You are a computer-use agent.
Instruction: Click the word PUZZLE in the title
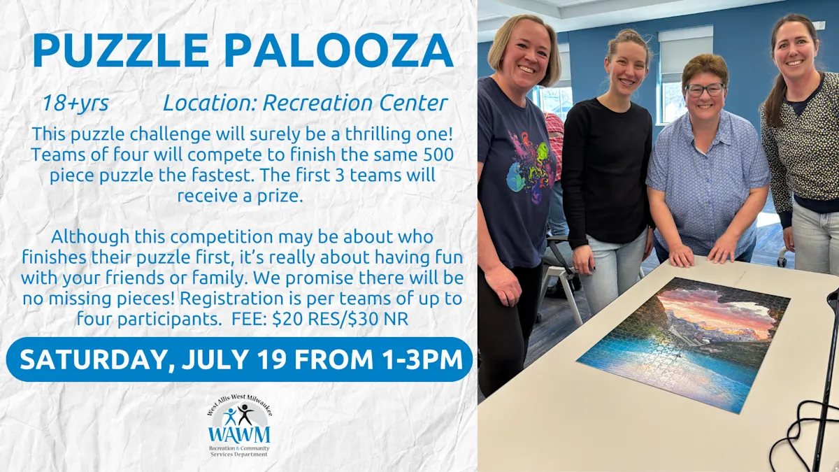pos(120,50)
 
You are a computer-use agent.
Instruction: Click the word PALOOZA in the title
pos(338,50)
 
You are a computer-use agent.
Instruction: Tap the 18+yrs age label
pos(76,103)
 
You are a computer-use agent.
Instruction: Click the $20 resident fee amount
pos(287,319)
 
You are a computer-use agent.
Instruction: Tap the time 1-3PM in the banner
pos(422,359)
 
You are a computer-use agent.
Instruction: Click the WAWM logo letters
pos(239,434)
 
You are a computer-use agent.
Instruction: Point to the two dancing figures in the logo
pos(238,415)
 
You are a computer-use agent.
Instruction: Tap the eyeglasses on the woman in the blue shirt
pos(705,90)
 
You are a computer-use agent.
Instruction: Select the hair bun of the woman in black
pos(630,36)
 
